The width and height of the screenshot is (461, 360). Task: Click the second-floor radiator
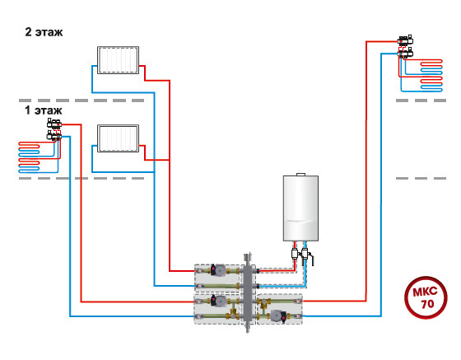click(118, 60)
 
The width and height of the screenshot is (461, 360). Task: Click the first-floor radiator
click(118, 138)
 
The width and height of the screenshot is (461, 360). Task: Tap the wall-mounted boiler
click(300, 208)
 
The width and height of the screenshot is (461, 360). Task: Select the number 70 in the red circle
click(427, 304)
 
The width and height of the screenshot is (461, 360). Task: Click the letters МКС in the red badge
click(425, 292)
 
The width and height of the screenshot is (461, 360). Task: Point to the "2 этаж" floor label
click(44, 32)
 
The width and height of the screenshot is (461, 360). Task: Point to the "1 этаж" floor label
click(43, 110)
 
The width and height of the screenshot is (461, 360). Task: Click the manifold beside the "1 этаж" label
click(54, 129)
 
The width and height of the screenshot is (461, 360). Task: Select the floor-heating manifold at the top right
click(406, 46)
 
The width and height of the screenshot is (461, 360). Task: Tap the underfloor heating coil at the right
click(431, 75)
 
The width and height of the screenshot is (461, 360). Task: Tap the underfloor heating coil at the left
click(29, 157)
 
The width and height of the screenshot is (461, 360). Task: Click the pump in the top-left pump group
click(218, 269)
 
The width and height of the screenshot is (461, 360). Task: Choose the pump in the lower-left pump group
click(218, 301)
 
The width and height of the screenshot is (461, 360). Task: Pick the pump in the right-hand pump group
click(278, 316)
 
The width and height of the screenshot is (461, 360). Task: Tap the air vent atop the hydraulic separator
click(249, 257)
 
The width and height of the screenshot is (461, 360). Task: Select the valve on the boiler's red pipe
click(295, 254)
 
